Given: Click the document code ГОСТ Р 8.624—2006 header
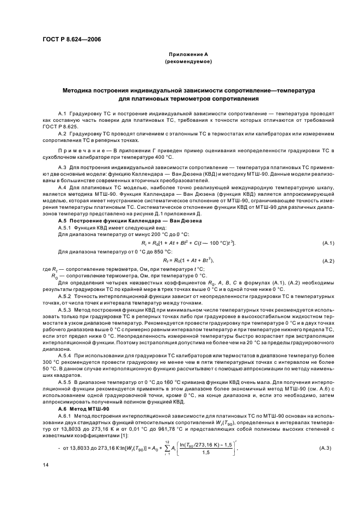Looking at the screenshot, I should pyautogui.click(x=70, y=39).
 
